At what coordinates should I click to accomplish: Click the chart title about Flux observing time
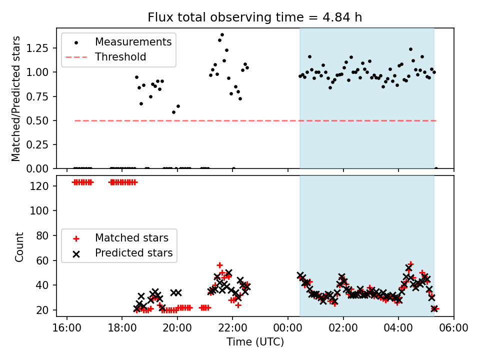coord(255,17)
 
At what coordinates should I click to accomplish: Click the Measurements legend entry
coord(133,41)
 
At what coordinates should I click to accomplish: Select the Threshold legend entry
coord(120,57)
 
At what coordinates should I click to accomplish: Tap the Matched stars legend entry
coord(131,237)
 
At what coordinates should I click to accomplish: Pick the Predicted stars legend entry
coord(133,253)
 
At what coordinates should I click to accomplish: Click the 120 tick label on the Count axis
coord(42,186)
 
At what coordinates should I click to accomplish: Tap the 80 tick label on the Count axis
coord(44,235)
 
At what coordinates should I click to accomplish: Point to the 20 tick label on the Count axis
coord(44,310)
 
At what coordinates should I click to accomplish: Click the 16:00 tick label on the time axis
coord(67,328)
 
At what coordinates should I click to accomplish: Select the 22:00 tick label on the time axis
coord(232,328)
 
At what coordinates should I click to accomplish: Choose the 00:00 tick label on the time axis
coord(288,328)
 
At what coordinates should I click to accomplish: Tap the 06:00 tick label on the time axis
coord(453,328)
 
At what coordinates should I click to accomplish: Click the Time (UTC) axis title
coord(255,342)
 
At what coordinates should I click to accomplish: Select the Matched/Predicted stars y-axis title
coord(16,98)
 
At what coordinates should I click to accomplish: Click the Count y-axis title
coord(19,247)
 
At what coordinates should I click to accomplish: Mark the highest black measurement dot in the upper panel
coord(222,35)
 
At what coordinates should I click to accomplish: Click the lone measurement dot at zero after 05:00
coord(436,168)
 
